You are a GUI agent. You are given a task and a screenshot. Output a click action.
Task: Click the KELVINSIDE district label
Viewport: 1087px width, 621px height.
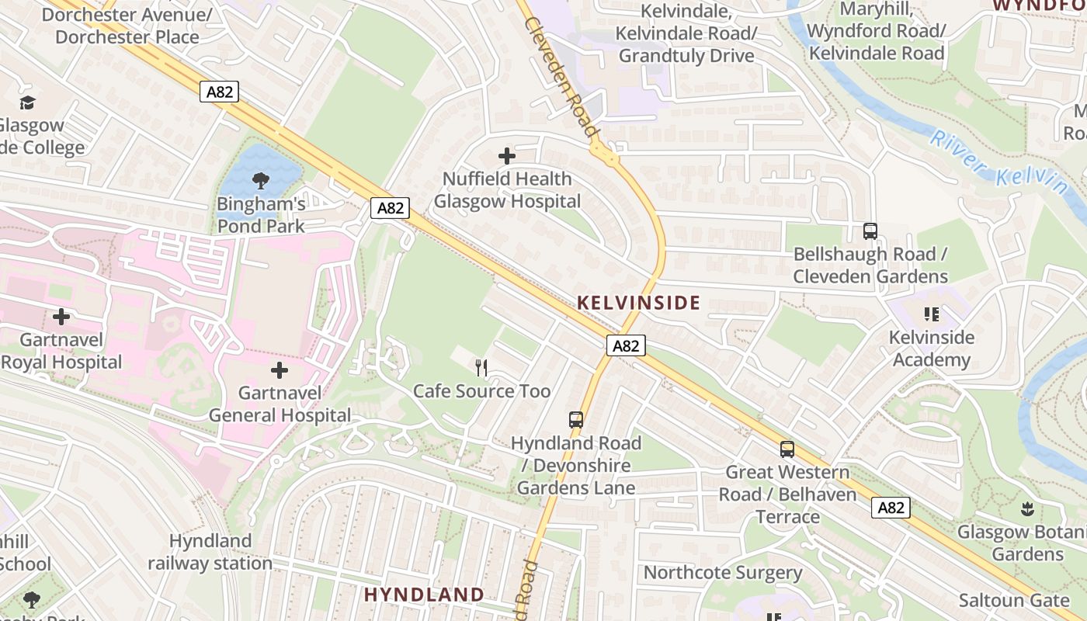coord(638,303)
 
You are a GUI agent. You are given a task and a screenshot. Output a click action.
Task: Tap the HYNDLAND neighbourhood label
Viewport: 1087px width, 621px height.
coord(424,595)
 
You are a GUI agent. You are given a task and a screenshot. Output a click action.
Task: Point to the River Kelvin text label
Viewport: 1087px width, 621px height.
coord(998,161)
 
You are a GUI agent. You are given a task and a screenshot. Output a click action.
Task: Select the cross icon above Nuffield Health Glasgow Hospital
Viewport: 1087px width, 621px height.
coord(507,156)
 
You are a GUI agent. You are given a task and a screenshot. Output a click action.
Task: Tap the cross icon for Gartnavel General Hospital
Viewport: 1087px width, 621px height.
coord(280,370)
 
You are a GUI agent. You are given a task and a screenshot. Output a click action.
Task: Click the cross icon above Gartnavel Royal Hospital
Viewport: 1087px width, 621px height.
coord(61,317)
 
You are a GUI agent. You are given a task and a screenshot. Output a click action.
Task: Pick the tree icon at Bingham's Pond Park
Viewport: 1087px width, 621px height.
coord(260,181)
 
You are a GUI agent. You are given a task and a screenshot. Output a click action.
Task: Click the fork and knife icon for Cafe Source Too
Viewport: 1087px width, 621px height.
coord(481,368)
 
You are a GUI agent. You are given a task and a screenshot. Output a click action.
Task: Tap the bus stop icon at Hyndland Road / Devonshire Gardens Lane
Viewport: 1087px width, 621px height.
coord(575,420)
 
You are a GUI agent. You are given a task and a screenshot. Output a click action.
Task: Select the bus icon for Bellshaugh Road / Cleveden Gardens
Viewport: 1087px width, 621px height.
coord(870,231)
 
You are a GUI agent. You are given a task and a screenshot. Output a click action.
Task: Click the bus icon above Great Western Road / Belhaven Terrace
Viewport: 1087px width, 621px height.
coord(787,449)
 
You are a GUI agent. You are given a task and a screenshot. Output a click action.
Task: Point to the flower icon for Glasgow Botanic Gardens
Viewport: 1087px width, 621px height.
coord(1027,509)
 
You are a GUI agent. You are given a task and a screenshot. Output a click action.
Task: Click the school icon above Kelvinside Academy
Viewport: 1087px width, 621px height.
coord(931,314)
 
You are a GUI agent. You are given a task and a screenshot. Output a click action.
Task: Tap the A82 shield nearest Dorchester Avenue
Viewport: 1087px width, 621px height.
coord(219,92)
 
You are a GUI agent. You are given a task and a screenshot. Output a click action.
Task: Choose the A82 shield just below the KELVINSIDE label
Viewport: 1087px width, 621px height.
coord(625,345)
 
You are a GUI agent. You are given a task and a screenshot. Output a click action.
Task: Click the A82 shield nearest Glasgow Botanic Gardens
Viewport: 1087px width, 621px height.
coord(890,508)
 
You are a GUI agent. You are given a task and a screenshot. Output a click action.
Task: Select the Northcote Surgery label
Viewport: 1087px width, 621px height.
coord(722,573)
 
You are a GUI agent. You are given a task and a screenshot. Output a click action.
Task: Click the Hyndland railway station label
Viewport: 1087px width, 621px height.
coord(210,551)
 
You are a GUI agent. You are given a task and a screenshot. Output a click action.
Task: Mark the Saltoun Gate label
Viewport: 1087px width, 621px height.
coord(1013,600)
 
